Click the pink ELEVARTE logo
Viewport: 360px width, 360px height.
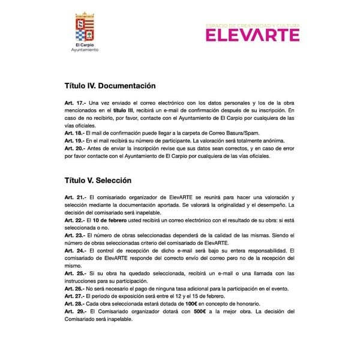pyautogui.click(x=252, y=34)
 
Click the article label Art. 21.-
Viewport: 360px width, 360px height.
pyautogui.click(x=75, y=197)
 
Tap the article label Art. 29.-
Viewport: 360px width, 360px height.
pyautogui.click(x=75, y=312)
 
